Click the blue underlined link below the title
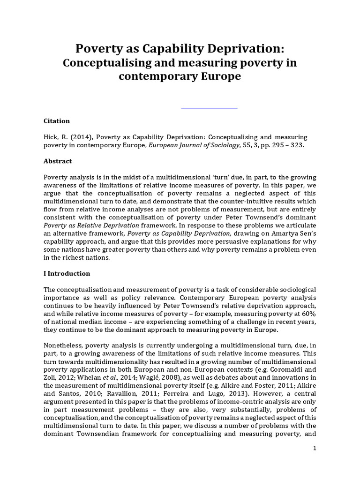[209, 108]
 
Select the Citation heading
[56, 121]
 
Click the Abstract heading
[58, 161]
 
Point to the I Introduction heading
[67, 273]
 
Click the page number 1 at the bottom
[315, 449]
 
